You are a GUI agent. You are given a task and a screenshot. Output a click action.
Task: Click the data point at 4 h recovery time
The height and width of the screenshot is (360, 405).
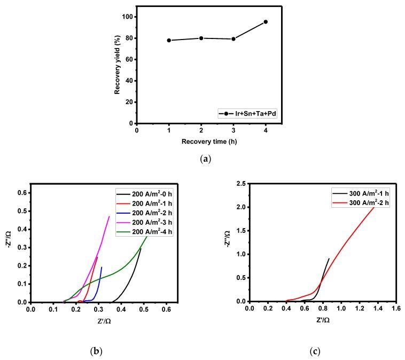tap(266, 22)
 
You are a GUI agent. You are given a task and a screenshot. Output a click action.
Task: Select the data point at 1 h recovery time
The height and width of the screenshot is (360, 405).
tap(169, 41)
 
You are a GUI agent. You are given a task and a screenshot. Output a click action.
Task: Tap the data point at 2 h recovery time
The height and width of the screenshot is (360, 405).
tap(201, 38)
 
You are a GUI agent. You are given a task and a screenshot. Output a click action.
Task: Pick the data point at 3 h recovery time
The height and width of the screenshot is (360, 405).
tap(233, 39)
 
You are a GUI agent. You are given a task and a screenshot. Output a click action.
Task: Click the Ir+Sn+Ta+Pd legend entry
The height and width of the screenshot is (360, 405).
tap(249, 113)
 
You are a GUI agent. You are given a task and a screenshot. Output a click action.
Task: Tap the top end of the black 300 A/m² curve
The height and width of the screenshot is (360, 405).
tap(329, 259)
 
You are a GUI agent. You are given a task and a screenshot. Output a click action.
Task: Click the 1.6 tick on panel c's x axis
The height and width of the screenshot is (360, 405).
tap(396, 309)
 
